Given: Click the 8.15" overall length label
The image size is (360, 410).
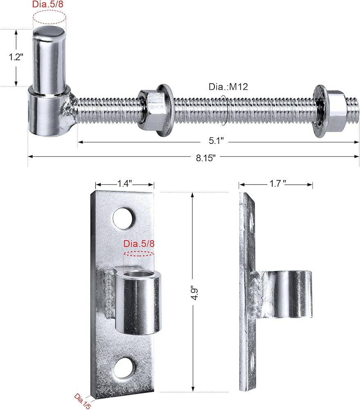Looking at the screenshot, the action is pos(206,158).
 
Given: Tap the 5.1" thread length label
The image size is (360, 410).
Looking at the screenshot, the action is pos(216,141).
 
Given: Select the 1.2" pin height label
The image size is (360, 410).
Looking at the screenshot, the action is pos(16,57).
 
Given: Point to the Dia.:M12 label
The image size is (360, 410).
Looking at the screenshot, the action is pos(228,87).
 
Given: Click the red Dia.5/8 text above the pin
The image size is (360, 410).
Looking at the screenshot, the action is pos(48,4).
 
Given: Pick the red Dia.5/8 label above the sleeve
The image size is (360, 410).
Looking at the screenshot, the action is pos(139,244).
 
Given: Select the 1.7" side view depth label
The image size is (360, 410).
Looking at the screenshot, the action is pos(278,184).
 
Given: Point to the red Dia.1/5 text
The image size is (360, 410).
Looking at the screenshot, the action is pos(82,401).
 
